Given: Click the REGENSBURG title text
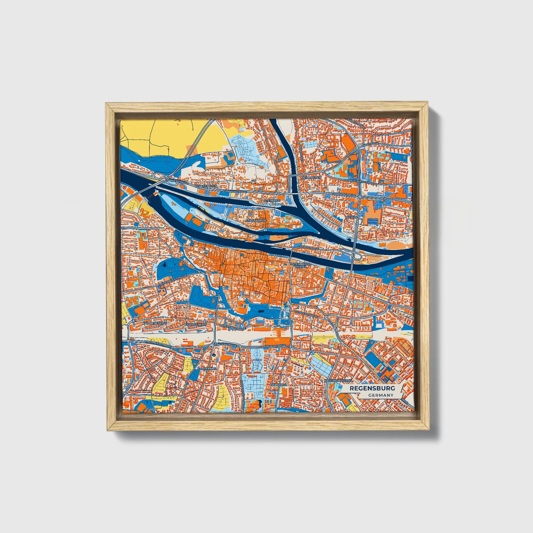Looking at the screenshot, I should click(x=372, y=388).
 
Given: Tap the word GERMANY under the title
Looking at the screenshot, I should click(x=380, y=395).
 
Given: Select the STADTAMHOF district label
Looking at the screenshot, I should click(x=256, y=221).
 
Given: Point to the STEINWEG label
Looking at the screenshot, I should click(x=273, y=200).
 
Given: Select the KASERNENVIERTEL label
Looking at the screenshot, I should click(x=338, y=380).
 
